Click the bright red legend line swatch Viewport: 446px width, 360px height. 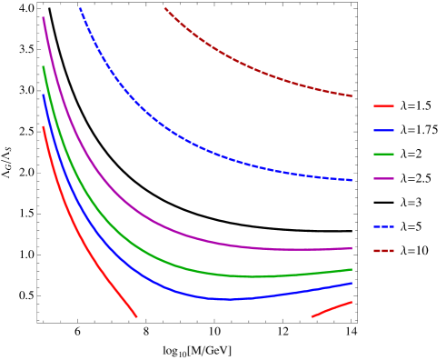pos(383,106)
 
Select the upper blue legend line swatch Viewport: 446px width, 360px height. pos(383,130)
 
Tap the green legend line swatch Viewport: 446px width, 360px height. pos(383,154)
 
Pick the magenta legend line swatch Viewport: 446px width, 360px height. pos(383,178)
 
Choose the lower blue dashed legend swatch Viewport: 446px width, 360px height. pos(383,226)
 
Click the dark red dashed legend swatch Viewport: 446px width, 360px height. pos(383,250)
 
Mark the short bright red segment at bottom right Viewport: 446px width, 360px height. pos(332,309)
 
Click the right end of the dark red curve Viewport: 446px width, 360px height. pos(352,95)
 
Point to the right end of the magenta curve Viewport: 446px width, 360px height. pos(351,248)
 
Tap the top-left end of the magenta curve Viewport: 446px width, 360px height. pos(43,18)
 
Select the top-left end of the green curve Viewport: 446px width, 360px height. pos(43,66)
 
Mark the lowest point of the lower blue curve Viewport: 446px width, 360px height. pos(227,299)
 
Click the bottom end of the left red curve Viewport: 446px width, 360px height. pos(135,315)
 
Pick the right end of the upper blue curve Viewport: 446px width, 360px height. pos(351,180)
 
